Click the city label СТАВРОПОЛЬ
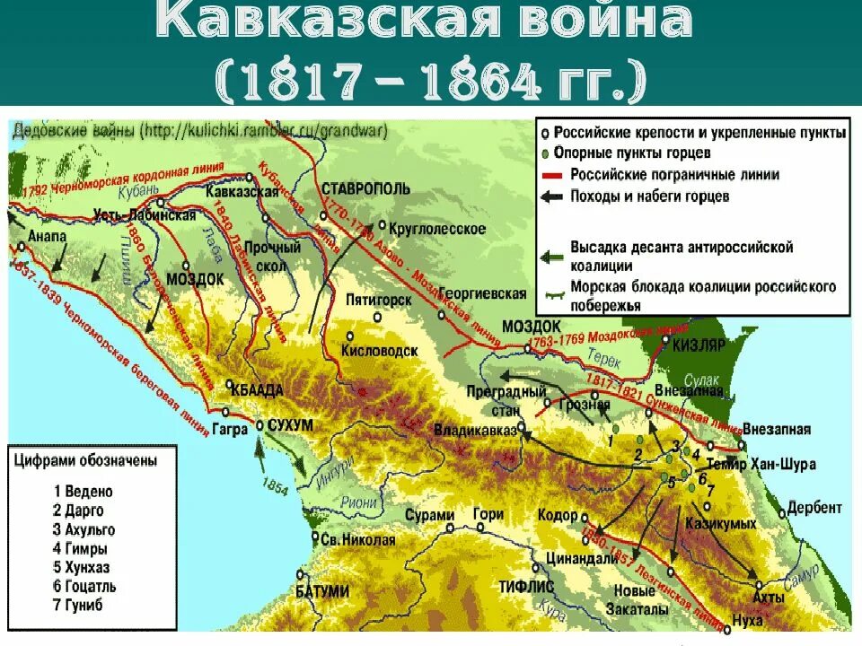(x=365, y=188)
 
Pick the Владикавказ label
(x=475, y=431)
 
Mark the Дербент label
(x=814, y=507)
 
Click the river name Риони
(x=360, y=503)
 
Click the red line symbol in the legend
(x=550, y=175)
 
